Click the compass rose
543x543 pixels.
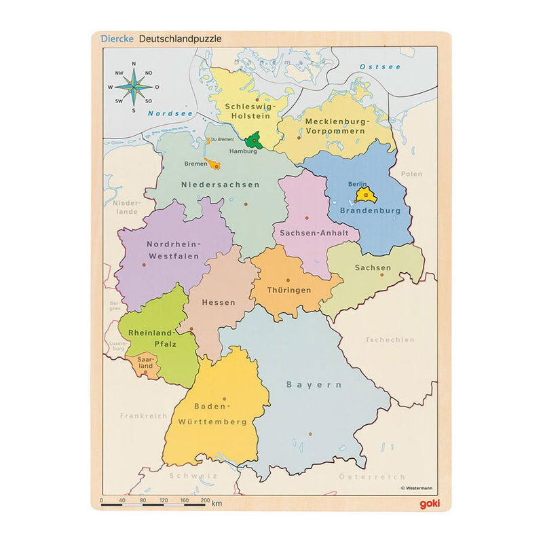point(134,87)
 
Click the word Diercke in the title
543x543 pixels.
point(116,39)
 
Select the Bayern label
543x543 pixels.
point(314,384)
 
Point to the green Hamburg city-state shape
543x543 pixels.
point(255,141)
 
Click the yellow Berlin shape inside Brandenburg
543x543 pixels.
point(364,196)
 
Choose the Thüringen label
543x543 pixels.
point(290,290)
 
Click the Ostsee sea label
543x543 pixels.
point(380,67)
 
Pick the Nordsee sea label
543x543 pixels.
point(170,113)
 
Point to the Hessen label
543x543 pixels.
point(219,302)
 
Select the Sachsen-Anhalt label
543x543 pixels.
point(315,232)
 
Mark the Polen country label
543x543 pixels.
point(411,174)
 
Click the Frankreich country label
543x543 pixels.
point(143,415)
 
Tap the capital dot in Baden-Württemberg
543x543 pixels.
point(225,399)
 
